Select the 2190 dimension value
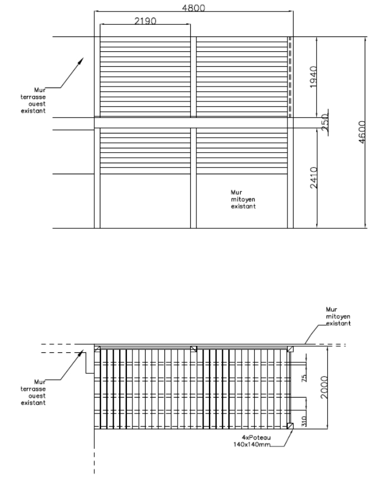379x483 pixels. pos(145,21)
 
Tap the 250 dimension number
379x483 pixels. pos(325,122)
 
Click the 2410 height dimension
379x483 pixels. pos(313,178)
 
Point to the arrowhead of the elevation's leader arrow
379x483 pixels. pos(83,60)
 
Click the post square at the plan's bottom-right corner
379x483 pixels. pos(290,425)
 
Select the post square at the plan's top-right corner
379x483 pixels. pos(290,348)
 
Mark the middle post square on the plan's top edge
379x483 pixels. pos(193,348)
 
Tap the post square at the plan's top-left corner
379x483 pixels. pos(97,348)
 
